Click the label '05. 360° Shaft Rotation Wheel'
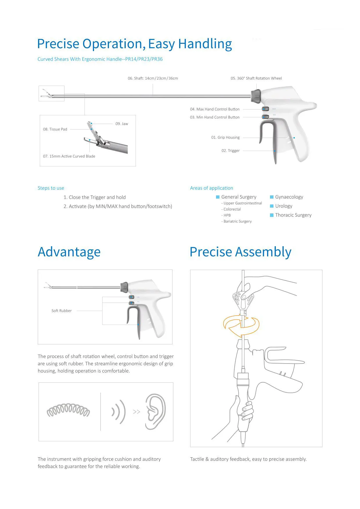[x=256, y=78]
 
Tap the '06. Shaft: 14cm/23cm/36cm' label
[x=153, y=78]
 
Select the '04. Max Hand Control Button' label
[x=215, y=109]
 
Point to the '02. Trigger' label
[x=231, y=151]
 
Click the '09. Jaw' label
[x=122, y=124]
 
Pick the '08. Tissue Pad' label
[x=55, y=130]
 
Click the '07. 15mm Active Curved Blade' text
[x=69, y=157]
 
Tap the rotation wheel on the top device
[x=256, y=96]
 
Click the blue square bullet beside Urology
[x=272, y=206]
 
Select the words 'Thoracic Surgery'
[x=293, y=215]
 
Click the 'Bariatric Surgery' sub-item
[x=237, y=222]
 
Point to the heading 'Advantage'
[x=69, y=252]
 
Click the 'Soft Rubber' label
[x=62, y=311]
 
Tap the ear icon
[x=155, y=412]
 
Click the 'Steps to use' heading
[x=51, y=188]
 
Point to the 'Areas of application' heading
[x=211, y=188]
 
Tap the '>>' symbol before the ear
[x=136, y=412]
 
